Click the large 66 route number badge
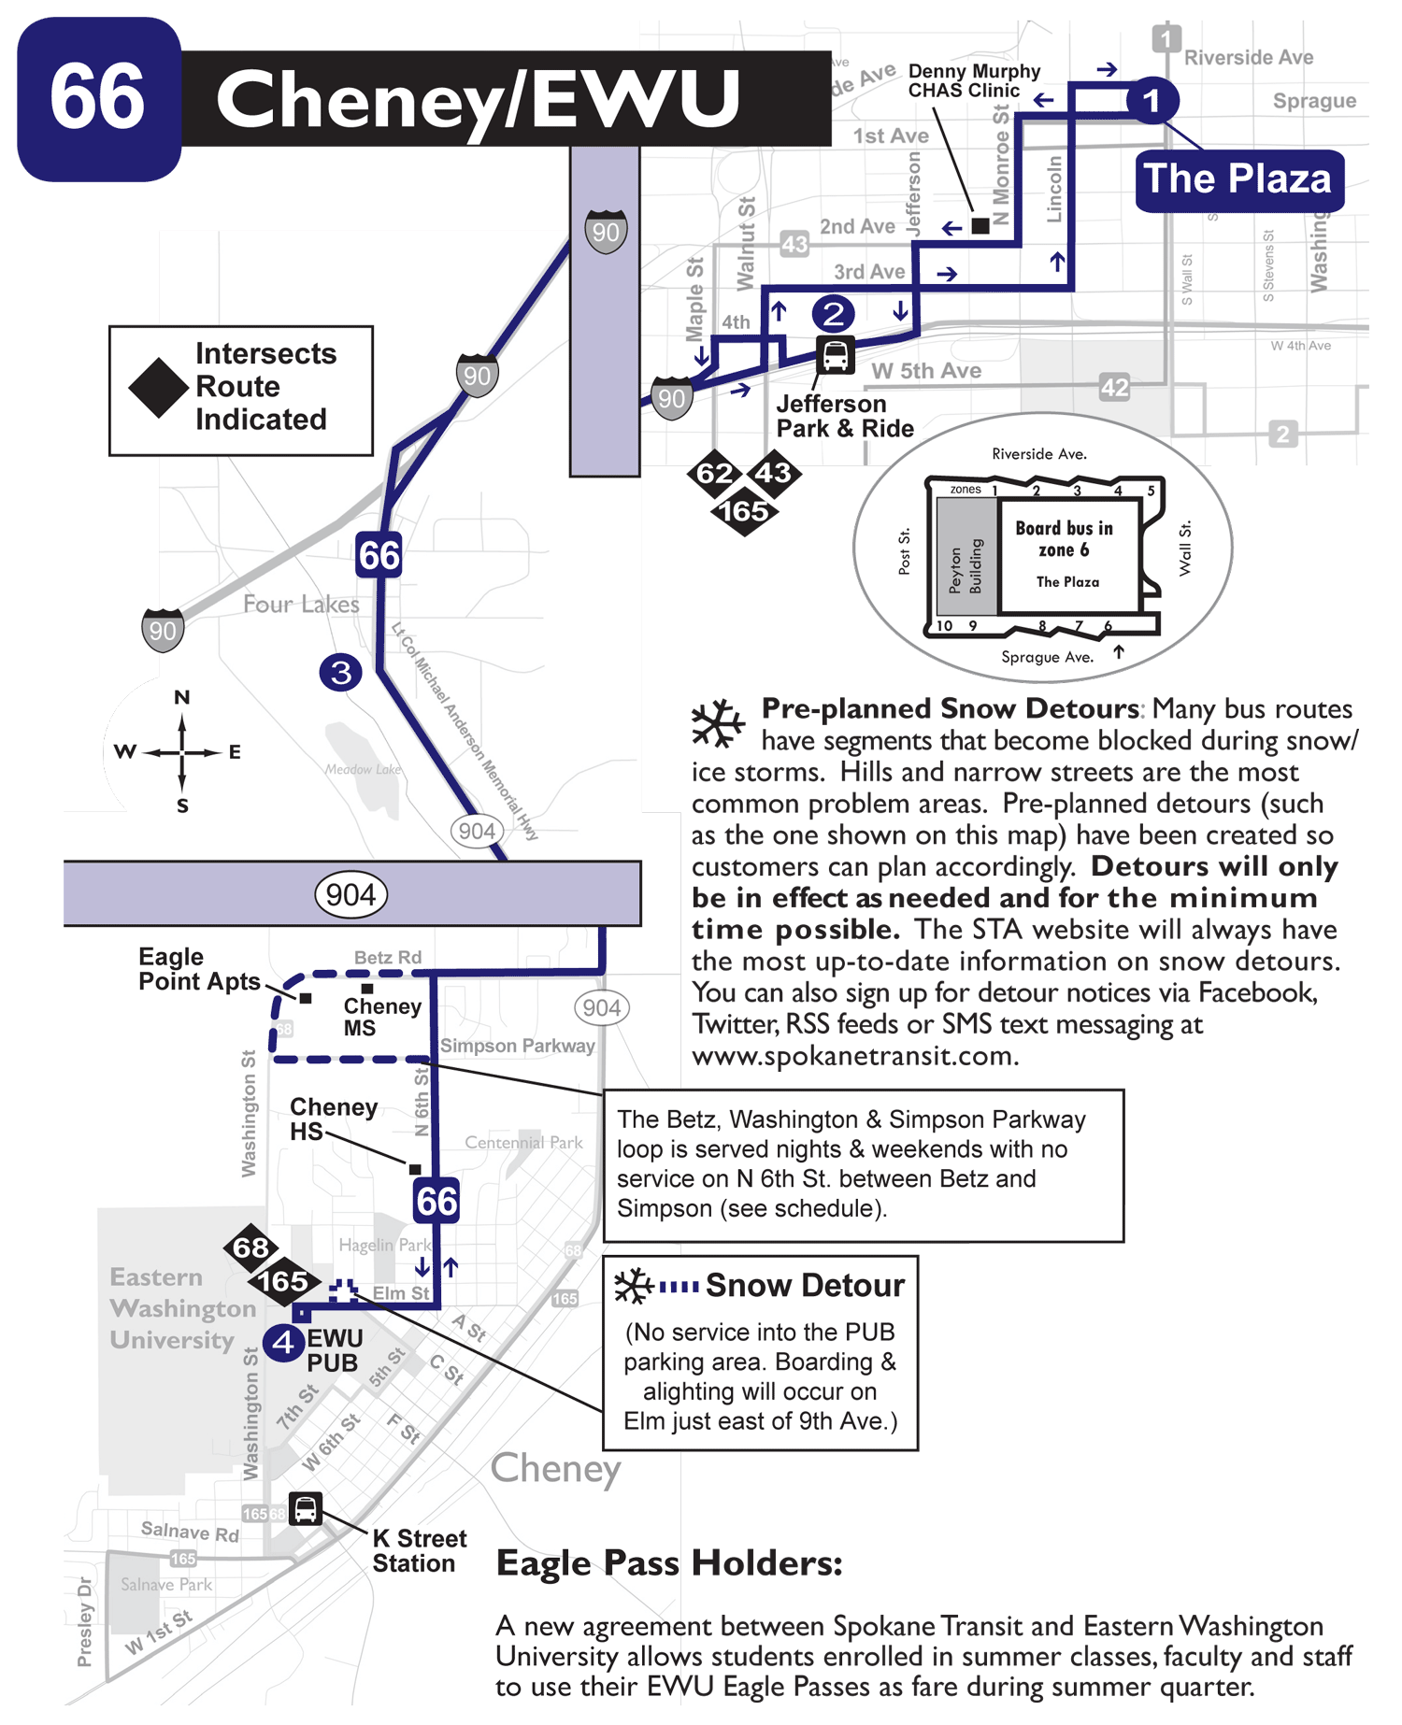(98, 98)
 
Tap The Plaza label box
(1239, 179)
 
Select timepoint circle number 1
(1152, 100)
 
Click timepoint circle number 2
(833, 313)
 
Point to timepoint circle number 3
(341, 672)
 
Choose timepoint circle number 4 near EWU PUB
(283, 1344)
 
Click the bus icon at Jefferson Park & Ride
(835, 356)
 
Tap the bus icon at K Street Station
(305, 1508)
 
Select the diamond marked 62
(714, 474)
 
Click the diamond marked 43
(774, 473)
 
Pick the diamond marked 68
(250, 1247)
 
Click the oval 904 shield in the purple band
(350, 894)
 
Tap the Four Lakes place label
(301, 605)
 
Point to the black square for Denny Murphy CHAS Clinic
(980, 225)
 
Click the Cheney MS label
(381, 1017)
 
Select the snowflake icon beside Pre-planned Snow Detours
(717, 723)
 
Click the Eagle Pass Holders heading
(669, 1562)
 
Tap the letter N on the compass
(182, 697)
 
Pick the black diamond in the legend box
(158, 388)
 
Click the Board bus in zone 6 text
(1065, 539)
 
